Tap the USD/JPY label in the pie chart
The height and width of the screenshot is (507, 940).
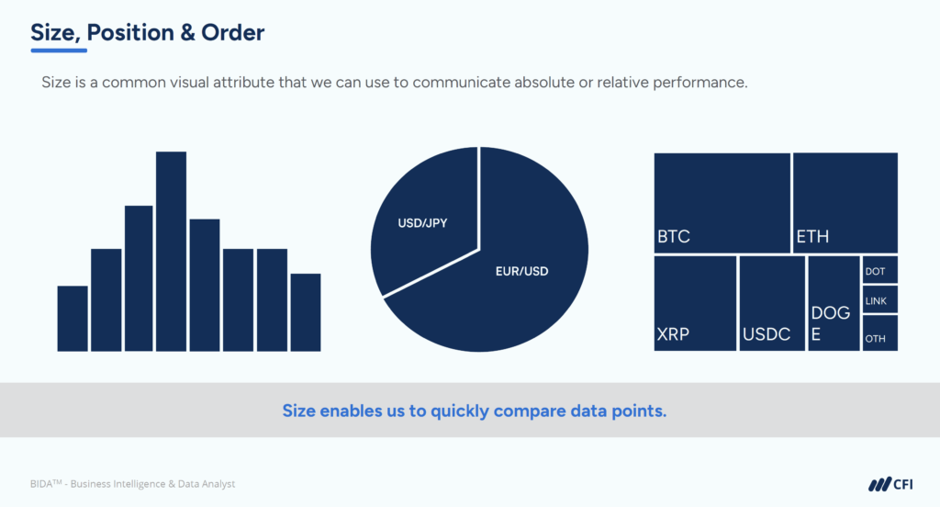coord(422,222)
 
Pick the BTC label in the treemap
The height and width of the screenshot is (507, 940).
coord(673,237)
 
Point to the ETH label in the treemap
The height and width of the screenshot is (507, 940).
coord(812,237)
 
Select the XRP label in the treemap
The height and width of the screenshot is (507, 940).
coord(673,334)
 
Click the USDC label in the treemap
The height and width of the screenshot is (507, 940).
coord(767,334)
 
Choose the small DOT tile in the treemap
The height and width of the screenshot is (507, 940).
coord(879,270)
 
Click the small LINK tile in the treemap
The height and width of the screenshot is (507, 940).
coord(879,299)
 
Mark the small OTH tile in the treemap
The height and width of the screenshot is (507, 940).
coord(879,333)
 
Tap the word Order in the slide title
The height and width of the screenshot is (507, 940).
coord(235,34)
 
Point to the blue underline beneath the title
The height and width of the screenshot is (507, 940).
coord(59,50)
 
